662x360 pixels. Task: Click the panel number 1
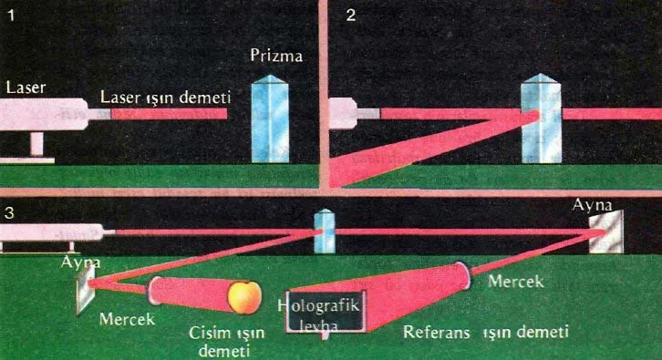(x=12, y=15)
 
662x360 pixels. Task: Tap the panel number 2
(x=351, y=15)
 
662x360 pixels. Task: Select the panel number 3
(x=9, y=212)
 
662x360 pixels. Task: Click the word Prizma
(x=276, y=56)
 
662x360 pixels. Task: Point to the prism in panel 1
(x=270, y=118)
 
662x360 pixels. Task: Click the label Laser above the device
(x=26, y=87)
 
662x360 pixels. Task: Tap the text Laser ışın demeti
(x=166, y=98)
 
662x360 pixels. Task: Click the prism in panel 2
(x=542, y=118)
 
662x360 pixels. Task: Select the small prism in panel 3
(x=325, y=231)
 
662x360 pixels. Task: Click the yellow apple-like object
(x=244, y=297)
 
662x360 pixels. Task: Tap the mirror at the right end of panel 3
(x=606, y=231)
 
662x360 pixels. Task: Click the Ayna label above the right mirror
(x=592, y=206)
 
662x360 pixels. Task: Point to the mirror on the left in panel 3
(x=86, y=291)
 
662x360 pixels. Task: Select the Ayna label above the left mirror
(x=80, y=262)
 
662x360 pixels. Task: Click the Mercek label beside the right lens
(x=515, y=282)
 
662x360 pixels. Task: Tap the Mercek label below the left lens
(x=127, y=319)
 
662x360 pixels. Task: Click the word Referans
(x=437, y=332)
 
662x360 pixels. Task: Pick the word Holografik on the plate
(x=318, y=305)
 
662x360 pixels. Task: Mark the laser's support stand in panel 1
(x=36, y=147)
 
